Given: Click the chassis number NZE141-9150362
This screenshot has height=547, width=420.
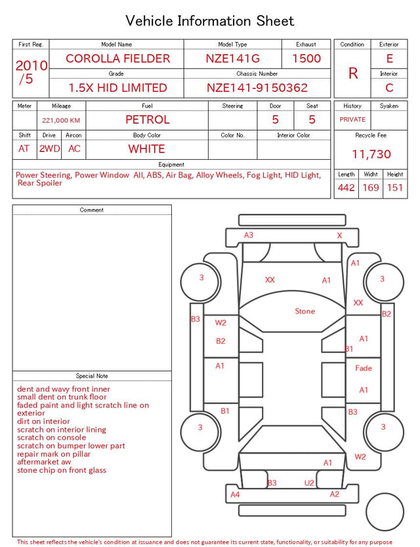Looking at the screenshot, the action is point(257,88).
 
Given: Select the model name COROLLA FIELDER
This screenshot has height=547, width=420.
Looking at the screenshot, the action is point(117,58).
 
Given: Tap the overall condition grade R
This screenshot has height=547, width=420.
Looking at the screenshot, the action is point(353,73).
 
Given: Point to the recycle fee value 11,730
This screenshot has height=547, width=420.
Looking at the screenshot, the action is point(371,154).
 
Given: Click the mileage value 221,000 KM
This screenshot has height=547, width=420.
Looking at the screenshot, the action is point(61,121).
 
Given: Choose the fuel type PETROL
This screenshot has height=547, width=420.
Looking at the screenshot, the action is point(148,120).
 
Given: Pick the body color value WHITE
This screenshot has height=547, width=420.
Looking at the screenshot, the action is point(146,149).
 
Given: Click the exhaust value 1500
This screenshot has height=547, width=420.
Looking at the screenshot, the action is point(306,58).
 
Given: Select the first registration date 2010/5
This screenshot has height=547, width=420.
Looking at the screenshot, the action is point(31,72).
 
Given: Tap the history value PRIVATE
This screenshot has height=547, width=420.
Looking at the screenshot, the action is point(352,119).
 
